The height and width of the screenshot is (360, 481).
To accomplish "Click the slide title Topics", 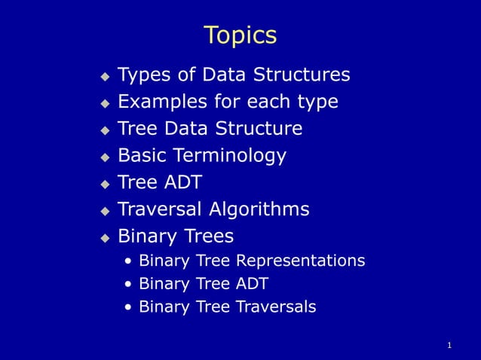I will coord(240,35).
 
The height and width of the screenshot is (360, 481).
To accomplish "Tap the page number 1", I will coord(449,346).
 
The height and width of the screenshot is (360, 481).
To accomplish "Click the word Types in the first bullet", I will coord(144,75).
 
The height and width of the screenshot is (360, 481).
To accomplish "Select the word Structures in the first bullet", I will coord(302,75).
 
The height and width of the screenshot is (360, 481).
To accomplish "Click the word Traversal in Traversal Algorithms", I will coord(161,209).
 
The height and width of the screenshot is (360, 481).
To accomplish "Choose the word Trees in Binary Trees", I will coord(207,236).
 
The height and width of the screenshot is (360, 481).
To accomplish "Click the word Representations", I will coord(300,261).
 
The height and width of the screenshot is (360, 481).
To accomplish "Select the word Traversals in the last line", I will coord(276,307).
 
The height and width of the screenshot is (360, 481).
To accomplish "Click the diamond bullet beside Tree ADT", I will coord(106,184).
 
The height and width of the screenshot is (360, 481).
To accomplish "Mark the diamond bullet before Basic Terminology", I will coord(106,157).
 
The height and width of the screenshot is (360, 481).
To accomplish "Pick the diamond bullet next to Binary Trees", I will coord(106,237).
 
